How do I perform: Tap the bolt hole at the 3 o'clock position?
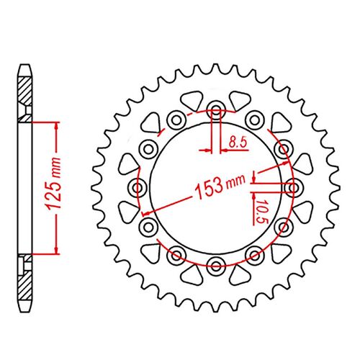pyautogui.click(x=292, y=187)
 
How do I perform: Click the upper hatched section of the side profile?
pyautogui.click(x=27, y=94)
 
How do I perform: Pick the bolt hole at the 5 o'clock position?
pyautogui.click(x=253, y=254)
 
